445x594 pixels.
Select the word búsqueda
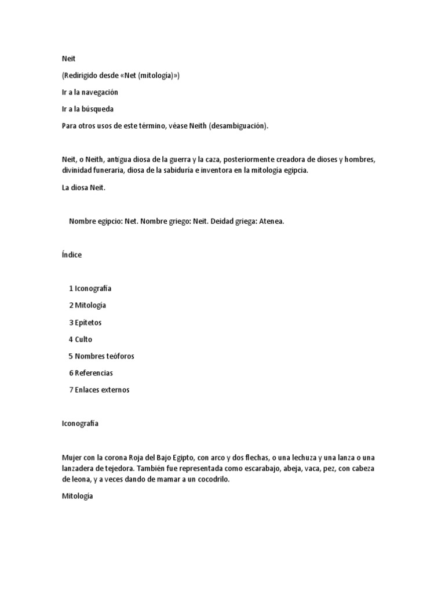(94, 109)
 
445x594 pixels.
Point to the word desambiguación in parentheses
(238, 126)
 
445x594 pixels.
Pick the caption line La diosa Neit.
(84, 187)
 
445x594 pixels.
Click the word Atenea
(271, 222)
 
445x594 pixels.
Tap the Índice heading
(72, 255)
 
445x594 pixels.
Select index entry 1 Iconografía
(90, 288)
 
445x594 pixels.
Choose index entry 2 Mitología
(87, 305)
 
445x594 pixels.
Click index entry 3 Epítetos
(85, 323)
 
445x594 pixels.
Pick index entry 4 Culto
(81, 339)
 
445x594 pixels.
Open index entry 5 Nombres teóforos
(101, 356)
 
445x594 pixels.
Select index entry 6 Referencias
(91, 373)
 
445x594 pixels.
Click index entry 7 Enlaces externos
(99, 390)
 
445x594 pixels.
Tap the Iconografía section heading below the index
(80, 423)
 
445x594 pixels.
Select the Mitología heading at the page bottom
(77, 497)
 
